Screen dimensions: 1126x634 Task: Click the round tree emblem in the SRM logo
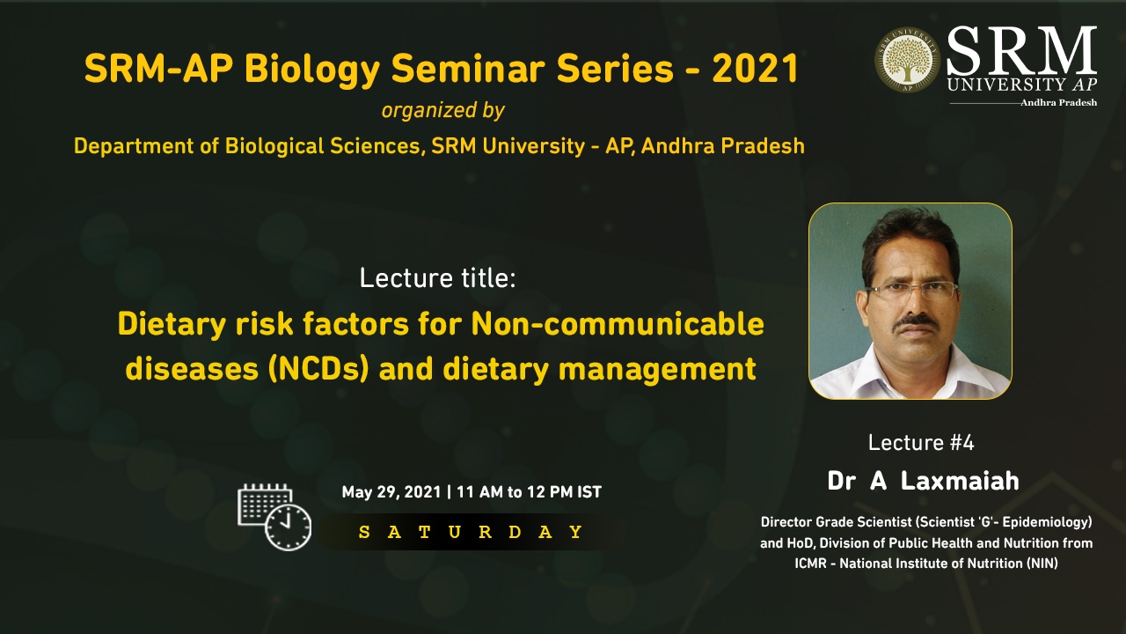(x=907, y=60)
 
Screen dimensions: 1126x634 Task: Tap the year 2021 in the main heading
(x=755, y=69)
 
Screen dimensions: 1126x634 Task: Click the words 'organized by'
(x=442, y=110)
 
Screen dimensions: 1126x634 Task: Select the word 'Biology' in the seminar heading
(x=312, y=70)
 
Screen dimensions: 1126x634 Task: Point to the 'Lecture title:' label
(x=437, y=278)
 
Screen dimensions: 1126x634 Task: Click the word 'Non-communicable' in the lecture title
(x=618, y=323)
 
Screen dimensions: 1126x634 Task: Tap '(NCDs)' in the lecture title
(x=318, y=369)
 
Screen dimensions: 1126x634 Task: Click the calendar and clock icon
(x=274, y=517)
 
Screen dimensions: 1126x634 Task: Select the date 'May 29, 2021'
(x=391, y=492)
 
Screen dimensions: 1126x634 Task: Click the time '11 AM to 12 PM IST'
(x=529, y=491)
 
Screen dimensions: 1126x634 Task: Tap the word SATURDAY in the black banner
(x=471, y=532)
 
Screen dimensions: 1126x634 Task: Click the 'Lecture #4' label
(x=921, y=443)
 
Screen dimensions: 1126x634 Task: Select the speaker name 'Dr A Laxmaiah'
(x=923, y=481)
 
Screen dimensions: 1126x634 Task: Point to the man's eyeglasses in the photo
(x=910, y=290)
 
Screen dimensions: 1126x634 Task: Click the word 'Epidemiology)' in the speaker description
(x=1047, y=522)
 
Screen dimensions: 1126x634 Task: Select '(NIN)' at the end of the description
(x=1042, y=563)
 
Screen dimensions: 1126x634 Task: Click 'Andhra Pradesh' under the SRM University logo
(x=1058, y=103)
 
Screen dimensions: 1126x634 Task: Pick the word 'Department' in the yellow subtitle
(x=133, y=146)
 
